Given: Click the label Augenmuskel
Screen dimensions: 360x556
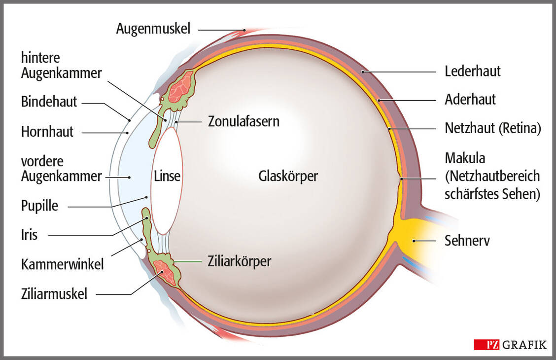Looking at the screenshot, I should tap(153, 29).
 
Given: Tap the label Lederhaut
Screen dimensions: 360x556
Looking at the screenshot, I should tap(472, 72).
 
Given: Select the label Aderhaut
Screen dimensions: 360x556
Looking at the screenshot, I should tap(470, 100).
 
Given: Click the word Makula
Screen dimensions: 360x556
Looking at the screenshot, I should tap(465, 159).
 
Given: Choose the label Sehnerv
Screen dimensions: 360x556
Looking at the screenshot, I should tap(467, 241).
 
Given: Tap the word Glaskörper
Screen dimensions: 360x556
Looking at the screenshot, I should tap(288, 176).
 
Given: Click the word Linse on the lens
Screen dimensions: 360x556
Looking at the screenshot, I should tap(167, 176).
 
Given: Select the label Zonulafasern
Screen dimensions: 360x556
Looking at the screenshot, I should tap(243, 121).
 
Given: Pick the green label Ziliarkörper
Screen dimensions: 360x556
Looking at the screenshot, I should tap(239, 261).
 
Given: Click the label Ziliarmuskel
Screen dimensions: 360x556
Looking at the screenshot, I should tap(54, 294).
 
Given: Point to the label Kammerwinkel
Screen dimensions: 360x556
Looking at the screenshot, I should tap(63, 265).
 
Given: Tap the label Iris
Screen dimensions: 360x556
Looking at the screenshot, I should tap(30, 235).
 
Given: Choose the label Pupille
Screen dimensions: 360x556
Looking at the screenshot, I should tap(39, 206).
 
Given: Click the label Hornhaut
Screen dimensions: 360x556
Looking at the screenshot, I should tap(47, 132).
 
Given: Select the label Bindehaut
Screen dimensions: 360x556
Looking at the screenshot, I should tap(49, 102).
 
